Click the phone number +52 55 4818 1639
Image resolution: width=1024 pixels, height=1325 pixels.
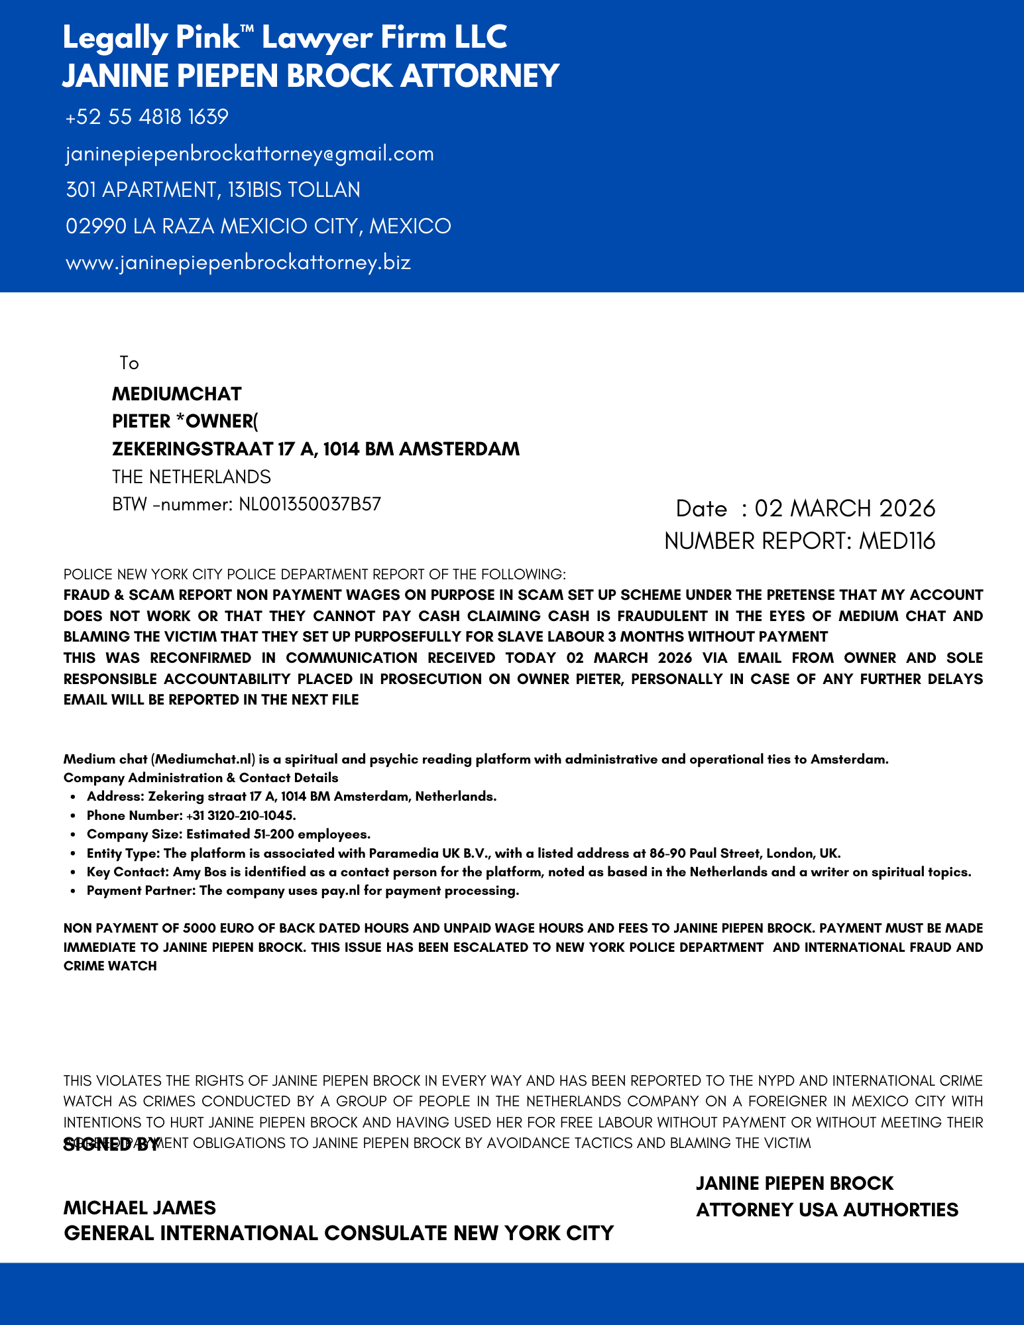146,117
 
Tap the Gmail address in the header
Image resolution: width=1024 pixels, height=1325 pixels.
250,154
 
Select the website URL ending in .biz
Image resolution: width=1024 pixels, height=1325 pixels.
238,262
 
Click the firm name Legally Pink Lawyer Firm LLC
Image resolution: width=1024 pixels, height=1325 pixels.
285,38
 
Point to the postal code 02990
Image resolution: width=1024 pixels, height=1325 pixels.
96,226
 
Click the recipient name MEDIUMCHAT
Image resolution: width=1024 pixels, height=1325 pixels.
176,394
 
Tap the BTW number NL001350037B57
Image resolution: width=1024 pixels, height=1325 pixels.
310,504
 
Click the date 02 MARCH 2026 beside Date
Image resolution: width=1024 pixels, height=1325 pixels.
844,508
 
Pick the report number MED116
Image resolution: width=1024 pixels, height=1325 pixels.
897,541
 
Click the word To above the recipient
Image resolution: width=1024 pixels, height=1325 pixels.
129,363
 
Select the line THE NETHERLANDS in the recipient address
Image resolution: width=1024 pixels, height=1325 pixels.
191,477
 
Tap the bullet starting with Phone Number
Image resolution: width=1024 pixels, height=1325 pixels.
191,815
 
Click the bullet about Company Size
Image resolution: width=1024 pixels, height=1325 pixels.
228,834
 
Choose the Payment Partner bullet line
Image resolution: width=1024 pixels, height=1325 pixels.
302,890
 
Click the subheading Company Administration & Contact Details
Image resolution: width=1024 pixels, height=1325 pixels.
201,778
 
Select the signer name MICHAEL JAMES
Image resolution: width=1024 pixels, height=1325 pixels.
139,1207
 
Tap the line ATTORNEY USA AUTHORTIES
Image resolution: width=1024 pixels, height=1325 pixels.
826,1210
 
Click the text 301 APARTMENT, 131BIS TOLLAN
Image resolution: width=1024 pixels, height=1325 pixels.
213,190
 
